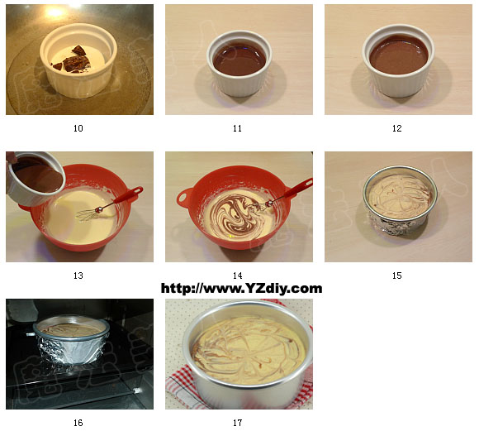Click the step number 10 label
point(78,128)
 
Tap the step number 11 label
point(237,128)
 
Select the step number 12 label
point(396,128)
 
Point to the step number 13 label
point(78,275)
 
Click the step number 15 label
point(396,275)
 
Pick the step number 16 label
point(78,423)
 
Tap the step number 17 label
point(237,423)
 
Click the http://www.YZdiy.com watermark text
point(241,289)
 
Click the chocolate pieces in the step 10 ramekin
point(73,60)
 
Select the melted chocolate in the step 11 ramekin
point(239,60)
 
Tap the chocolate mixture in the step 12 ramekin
point(399,55)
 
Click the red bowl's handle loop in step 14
point(185,199)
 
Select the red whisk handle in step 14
point(295,189)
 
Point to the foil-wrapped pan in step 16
point(72,340)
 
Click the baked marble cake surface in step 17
point(249,350)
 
